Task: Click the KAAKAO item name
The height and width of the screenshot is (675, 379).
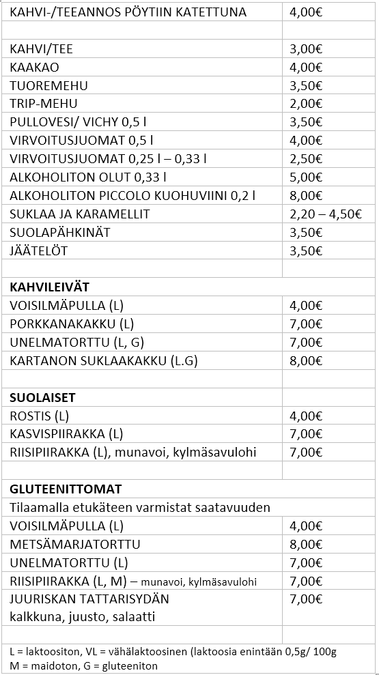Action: coord(34,68)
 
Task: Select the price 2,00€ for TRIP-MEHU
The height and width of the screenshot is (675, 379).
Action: coord(306,104)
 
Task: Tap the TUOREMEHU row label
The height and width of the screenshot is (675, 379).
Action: coord(48,86)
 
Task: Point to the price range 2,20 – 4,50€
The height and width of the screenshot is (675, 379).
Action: coord(326,214)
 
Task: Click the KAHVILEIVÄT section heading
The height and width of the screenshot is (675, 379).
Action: coord(49,287)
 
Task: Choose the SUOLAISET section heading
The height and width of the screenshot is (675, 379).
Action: coord(42,397)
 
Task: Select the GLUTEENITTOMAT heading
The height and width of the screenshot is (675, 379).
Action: coord(66,489)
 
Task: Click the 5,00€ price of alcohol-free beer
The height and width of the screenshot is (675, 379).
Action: coord(306,177)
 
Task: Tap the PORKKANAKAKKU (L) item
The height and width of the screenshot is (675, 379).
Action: coord(72,324)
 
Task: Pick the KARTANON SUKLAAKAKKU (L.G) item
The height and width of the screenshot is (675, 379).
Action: coord(103,360)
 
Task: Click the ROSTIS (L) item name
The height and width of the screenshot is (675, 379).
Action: coord(40,416)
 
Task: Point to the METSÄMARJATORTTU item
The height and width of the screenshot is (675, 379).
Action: coord(75,545)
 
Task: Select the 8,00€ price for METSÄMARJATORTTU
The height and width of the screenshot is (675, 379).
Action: coord(306,545)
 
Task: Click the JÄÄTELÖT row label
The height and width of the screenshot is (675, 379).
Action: coord(39,250)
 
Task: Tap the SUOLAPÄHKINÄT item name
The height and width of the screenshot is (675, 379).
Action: coord(60,232)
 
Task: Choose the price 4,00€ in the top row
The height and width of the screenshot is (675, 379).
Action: coord(306,12)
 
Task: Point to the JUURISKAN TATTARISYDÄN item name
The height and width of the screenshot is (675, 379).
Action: coord(89,599)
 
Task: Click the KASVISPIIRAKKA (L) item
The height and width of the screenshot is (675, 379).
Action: coord(66,434)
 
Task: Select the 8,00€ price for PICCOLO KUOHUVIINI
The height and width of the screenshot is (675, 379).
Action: coord(306,196)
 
